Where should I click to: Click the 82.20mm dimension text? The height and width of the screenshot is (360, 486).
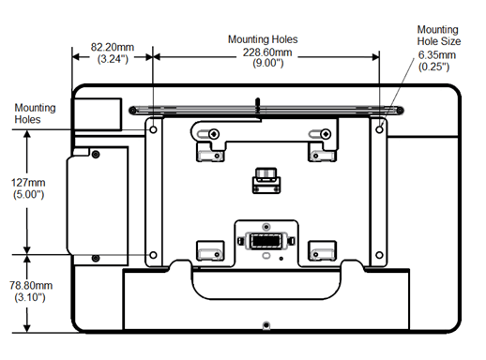113,46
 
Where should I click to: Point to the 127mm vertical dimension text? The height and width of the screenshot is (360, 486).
34,184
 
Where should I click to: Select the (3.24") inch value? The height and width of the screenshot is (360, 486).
113,58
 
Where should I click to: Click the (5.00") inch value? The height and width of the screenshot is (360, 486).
34,196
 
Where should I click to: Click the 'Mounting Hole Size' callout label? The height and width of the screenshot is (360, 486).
437,36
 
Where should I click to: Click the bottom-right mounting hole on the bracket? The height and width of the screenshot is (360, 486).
380,254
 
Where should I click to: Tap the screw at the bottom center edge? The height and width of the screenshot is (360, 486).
266,324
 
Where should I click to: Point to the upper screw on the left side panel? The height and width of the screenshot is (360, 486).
95,151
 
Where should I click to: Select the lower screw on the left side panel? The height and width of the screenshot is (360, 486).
95,258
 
